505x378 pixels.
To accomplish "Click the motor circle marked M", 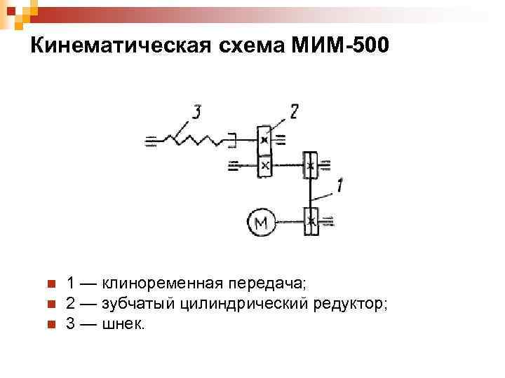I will point(261,223).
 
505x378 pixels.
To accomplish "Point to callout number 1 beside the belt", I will point(339,185).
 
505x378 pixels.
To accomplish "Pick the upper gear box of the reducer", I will point(264,139).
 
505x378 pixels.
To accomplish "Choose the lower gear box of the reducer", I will point(264,166).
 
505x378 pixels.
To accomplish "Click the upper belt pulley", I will point(311,166).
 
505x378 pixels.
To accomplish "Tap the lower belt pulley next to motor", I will point(311,221).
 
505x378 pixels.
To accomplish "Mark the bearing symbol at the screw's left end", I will point(150,141).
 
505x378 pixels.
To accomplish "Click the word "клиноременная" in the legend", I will point(163,283).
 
